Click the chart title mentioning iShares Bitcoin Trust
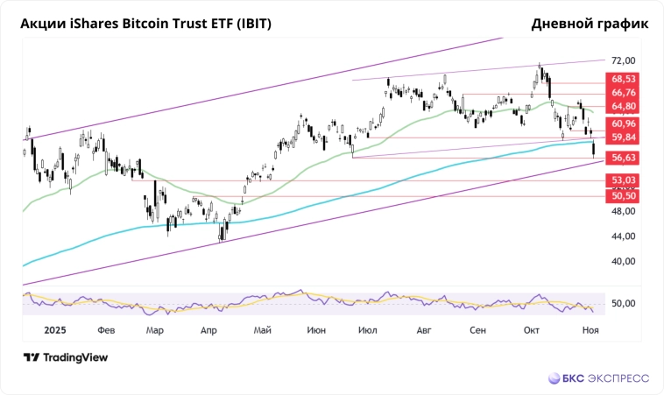(145, 24)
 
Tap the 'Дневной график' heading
(590, 24)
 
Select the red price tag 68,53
(624, 79)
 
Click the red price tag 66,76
(624, 93)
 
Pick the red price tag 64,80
(624, 107)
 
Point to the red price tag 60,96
(624, 123)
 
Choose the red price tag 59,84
(624, 138)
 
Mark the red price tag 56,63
(624, 158)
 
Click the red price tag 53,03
(624, 180)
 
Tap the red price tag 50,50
(624, 196)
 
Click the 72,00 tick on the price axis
(623, 60)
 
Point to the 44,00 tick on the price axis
(623, 236)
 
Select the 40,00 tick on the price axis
(623, 261)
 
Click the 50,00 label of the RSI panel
(623, 303)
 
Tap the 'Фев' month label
(107, 331)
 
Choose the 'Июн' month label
(317, 331)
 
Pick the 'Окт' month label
(531, 331)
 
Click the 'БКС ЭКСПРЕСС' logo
(599, 378)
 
